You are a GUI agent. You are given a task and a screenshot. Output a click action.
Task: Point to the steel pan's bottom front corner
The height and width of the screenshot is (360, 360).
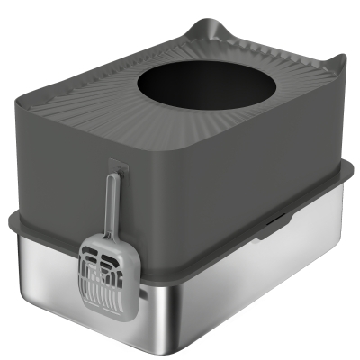click(x=151, y=346)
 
